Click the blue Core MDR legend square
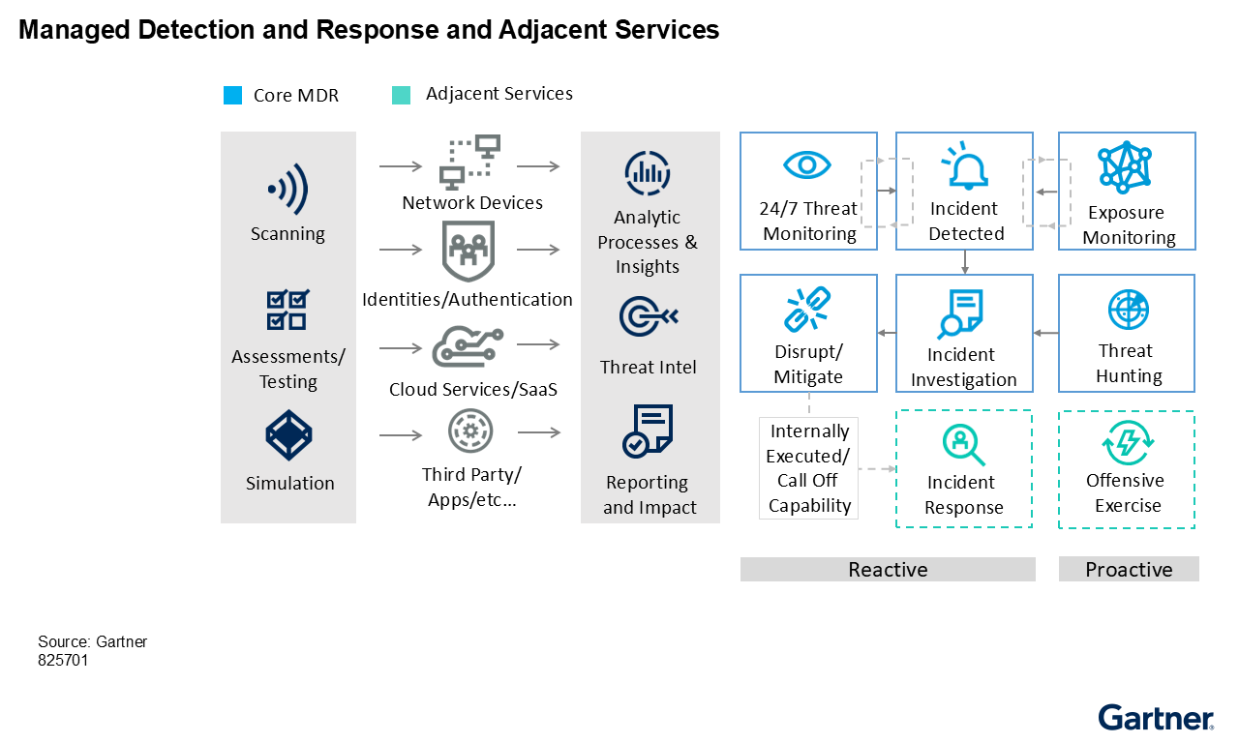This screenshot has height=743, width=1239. coord(232,95)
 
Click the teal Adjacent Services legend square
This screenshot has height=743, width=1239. coord(401,95)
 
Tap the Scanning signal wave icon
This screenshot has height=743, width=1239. coord(287,189)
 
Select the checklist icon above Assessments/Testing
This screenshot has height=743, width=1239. coord(287,310)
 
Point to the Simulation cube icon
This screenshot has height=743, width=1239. coord(288,436)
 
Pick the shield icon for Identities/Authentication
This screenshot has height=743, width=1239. coord(468,250)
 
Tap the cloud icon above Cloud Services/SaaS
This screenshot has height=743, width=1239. coord(468,346)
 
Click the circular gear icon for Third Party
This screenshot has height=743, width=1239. coord(470,431)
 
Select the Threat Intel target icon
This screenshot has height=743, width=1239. coord(648,316)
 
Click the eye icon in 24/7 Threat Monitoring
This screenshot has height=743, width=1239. coord(807,164)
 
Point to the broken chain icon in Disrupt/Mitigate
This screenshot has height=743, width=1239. coord(807,308)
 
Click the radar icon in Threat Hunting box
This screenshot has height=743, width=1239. coord(1127,311)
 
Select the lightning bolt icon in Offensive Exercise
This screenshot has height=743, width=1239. coord(1127,444)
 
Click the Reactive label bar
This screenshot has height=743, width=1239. coord(888,569)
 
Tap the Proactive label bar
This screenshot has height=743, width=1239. coord(1129,569)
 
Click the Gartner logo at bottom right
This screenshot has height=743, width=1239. coord(1155,718)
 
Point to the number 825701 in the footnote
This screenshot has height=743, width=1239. coord(63,661)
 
